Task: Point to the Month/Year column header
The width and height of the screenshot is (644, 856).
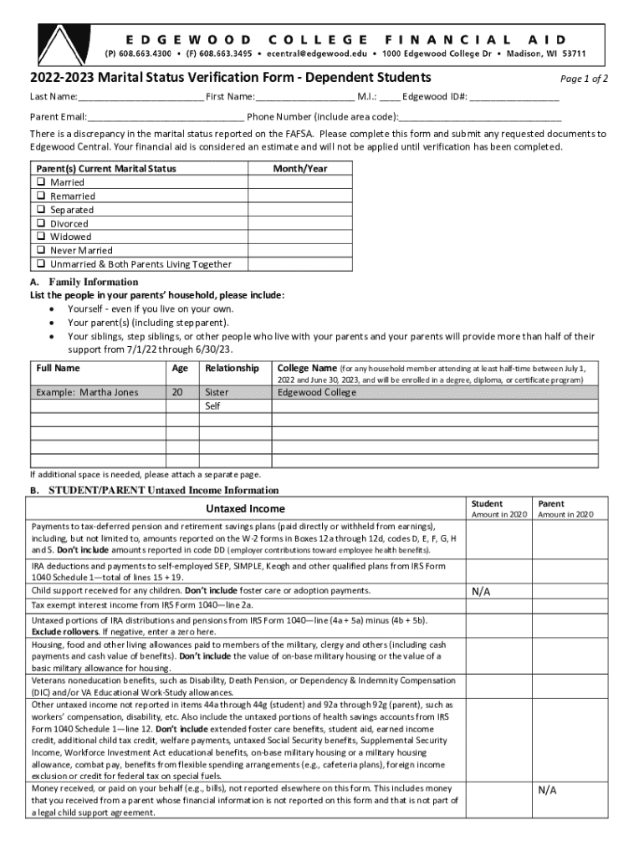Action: click(x=300, y=169)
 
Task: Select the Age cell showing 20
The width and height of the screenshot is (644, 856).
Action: click(x=177, y=392)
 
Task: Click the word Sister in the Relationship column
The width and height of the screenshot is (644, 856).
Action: click(x=217, y=392)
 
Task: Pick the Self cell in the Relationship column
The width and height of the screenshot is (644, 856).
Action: click(x=213, y=406)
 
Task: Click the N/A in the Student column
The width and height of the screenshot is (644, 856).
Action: click(x=480, y=592)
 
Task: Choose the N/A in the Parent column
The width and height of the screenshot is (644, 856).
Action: click(x=547, y=790)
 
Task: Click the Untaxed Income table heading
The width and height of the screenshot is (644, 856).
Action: click(x=245, y=509)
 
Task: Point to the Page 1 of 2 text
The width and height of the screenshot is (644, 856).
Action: click(x=583, y=79)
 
